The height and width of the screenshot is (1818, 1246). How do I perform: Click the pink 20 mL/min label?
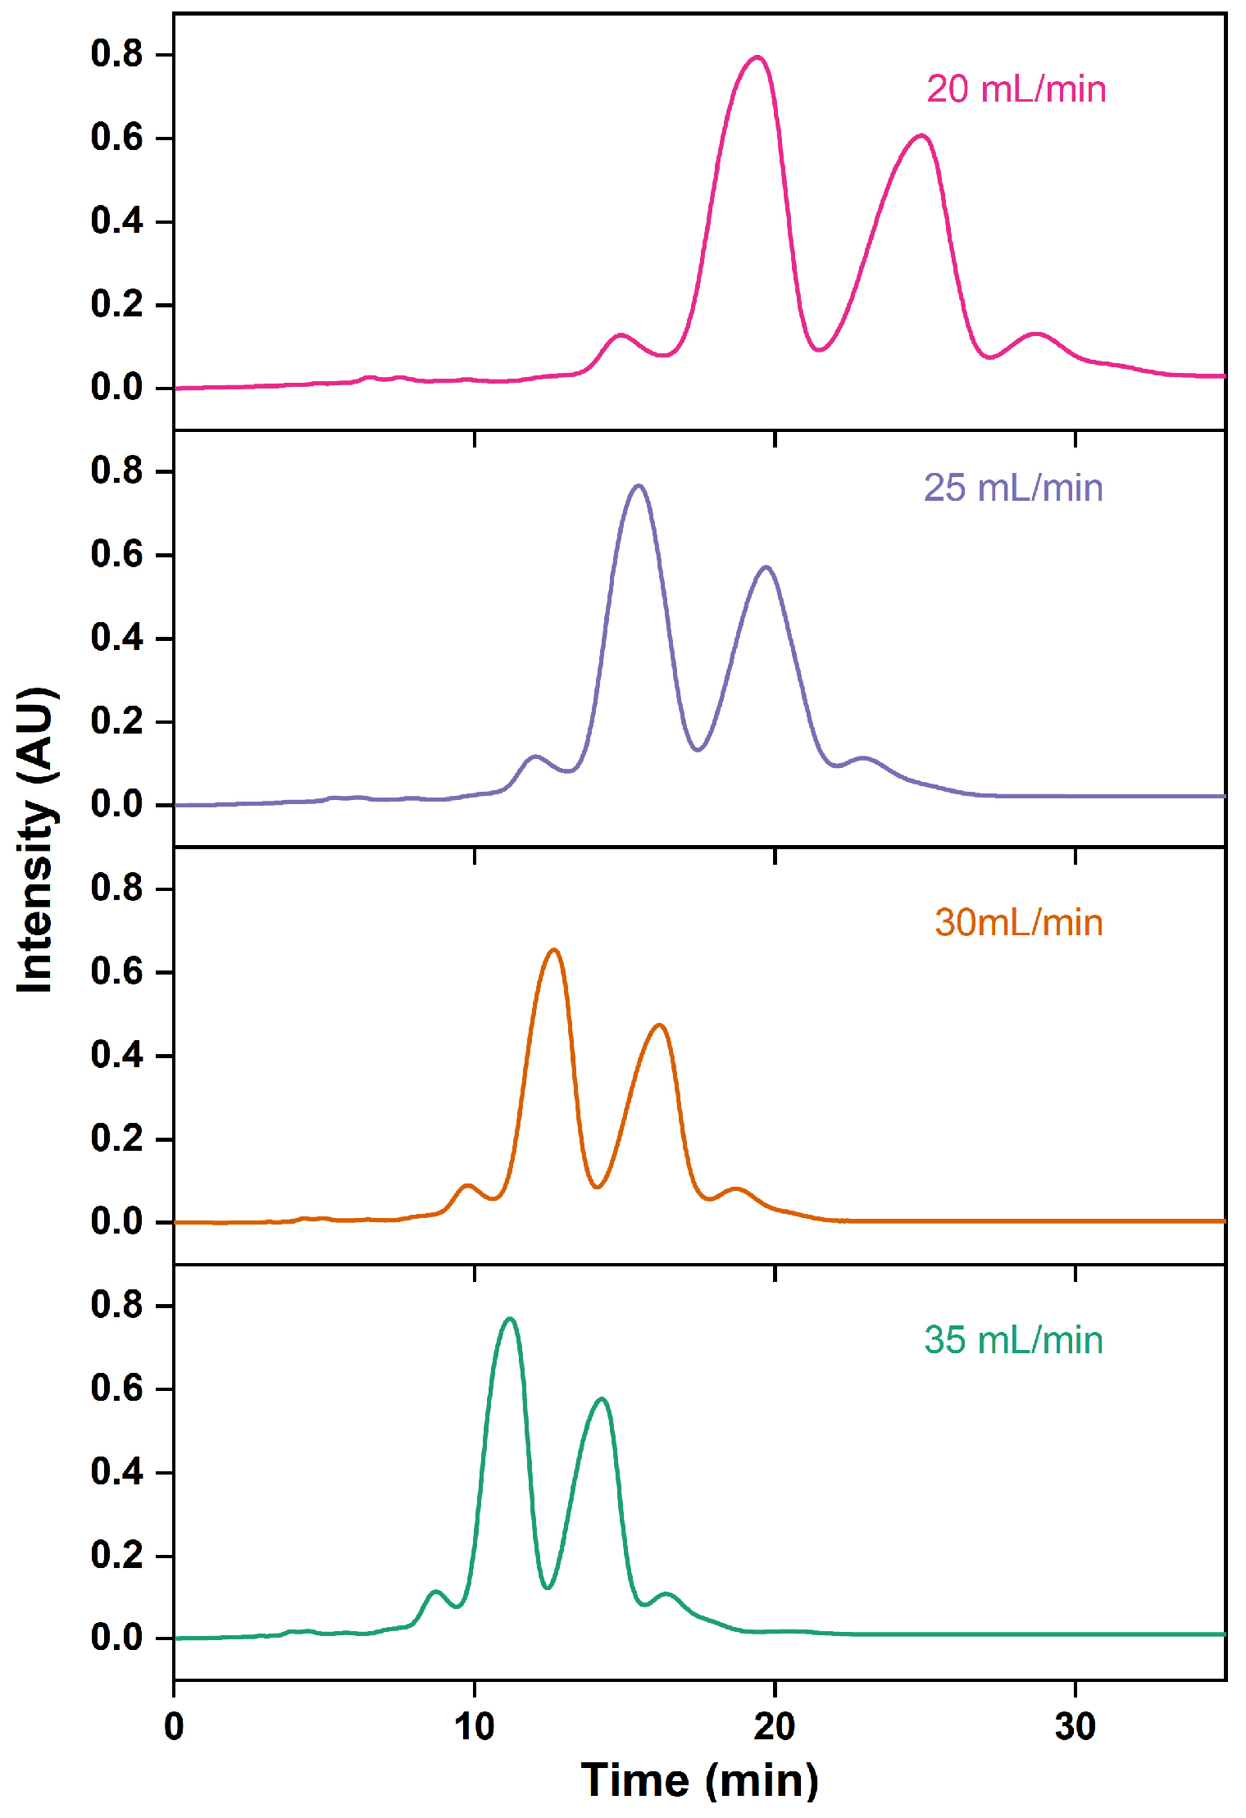(1016, 89)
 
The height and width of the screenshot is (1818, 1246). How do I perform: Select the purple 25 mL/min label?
(1013, 488)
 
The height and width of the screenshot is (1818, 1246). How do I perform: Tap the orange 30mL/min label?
(1018, 923)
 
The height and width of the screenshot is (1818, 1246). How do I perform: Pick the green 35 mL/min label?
(1013, 1340)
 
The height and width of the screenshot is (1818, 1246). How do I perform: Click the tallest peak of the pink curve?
(757, 57)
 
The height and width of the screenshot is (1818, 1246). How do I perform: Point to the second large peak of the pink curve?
(922, 135)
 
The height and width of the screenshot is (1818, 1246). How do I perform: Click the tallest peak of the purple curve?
(639, 485)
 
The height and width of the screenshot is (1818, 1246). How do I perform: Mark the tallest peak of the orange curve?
(554, 950)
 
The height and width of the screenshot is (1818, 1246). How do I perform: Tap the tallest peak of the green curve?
(510, 1319)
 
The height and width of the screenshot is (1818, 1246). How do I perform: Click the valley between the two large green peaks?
(548, 1588)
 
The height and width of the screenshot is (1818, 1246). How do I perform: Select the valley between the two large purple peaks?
(698, 749)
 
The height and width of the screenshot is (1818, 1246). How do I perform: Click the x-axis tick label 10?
(474, 1727)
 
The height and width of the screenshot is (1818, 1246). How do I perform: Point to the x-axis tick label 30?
(1075, 1727)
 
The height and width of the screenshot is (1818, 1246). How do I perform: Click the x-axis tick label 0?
(174, 1727)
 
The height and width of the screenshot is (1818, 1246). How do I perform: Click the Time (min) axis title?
(699, 1780)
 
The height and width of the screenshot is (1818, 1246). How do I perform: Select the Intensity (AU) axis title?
(36, 840)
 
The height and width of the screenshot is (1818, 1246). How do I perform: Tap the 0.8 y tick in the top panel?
(116, 54)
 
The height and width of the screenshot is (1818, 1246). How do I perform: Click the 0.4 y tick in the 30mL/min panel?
(116, 1055)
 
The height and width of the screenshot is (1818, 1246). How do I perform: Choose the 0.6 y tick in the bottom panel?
(116, 1388)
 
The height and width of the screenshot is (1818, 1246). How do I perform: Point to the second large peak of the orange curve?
(659, 1025)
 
